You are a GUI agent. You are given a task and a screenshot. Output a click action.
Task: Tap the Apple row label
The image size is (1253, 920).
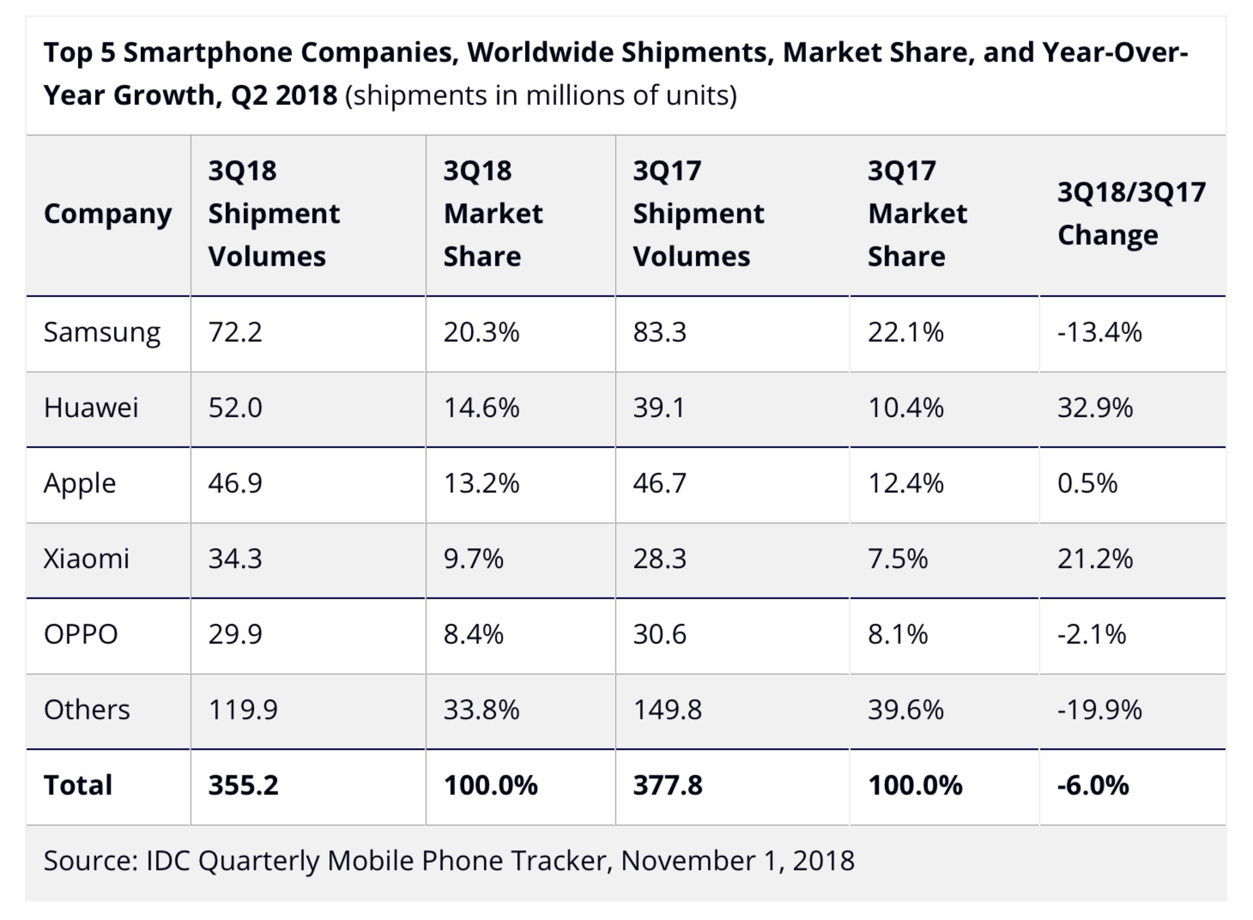[x=80, y=483]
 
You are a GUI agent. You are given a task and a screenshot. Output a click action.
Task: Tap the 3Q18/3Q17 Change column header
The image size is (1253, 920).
[x=1131, y=214]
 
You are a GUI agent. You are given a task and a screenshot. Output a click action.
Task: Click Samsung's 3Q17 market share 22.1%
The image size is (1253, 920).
[x=905, y=333]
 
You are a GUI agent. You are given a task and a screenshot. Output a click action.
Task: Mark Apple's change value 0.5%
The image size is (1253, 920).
[x=1087, y=483]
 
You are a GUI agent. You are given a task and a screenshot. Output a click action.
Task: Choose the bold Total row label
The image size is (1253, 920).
[x=78, y=785]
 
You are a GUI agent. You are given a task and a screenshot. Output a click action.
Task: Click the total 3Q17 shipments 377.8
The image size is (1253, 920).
[x=668, y=785]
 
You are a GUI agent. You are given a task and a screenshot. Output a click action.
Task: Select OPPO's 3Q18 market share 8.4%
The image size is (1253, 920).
[x=473, y=634]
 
